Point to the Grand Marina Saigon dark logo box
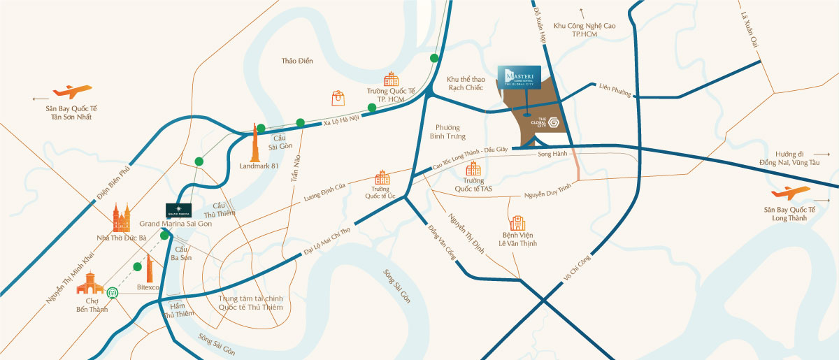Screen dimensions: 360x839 180,210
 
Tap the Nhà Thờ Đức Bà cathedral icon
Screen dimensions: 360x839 122,218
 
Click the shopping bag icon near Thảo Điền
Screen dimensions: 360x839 339,98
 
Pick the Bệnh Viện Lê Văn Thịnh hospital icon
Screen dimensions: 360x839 518,223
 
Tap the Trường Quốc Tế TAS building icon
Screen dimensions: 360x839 473,168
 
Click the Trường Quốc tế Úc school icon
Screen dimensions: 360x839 382,178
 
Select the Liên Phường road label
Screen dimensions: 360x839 615,90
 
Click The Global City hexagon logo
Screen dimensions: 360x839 554,122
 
